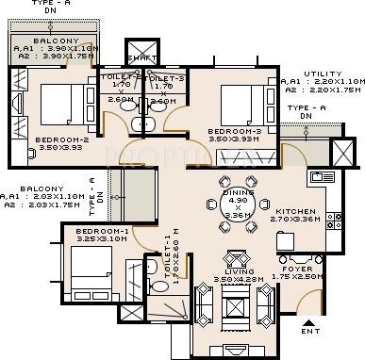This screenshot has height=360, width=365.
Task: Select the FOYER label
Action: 324,269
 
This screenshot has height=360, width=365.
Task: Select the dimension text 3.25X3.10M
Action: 101,239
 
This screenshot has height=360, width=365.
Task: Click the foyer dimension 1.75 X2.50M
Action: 324,277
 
